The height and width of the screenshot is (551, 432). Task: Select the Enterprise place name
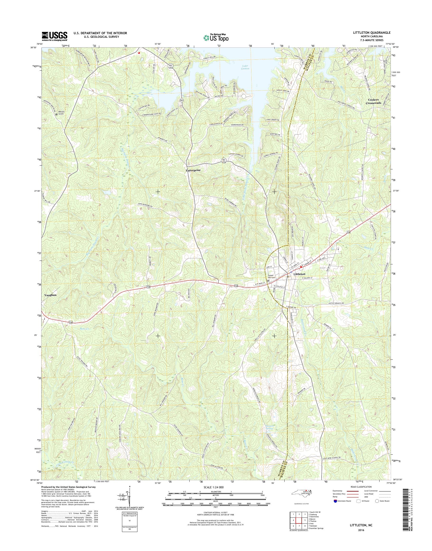click(193, 170)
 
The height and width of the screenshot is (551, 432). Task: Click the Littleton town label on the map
click(299, 274)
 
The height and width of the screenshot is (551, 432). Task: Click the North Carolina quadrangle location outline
click(302, 493)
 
